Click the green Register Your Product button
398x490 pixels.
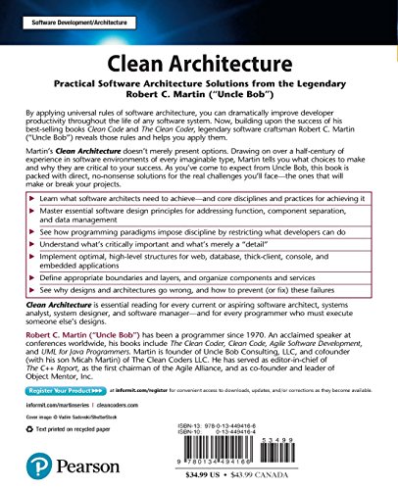point(64,389)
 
